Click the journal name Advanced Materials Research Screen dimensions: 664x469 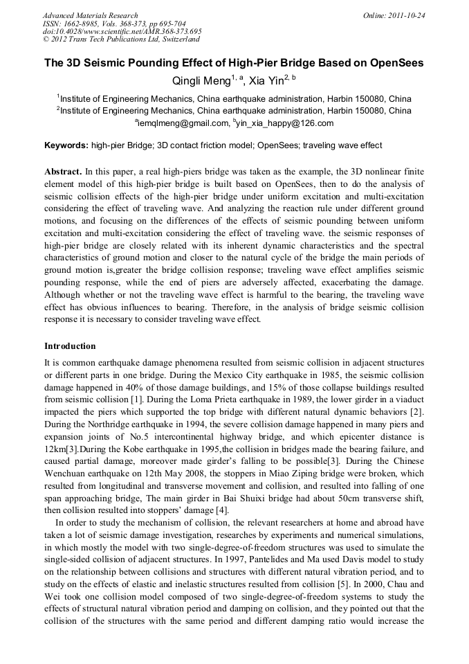point(90,15)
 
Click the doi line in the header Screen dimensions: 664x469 point(122,31)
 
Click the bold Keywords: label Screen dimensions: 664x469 point(66,145)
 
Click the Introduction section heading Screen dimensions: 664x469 point(70,346)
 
